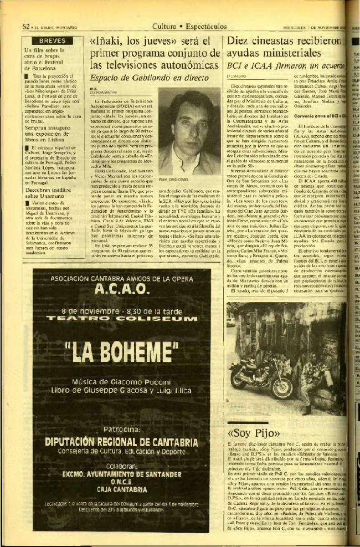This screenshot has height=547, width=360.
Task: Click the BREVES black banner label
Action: pyautogui.click(x=52, y=40)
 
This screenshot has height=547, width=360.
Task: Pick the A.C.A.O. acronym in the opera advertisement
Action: pyautogui.click(x=121, y=289)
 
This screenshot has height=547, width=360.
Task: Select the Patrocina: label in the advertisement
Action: pyautogui.click(x=120, y=428)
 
